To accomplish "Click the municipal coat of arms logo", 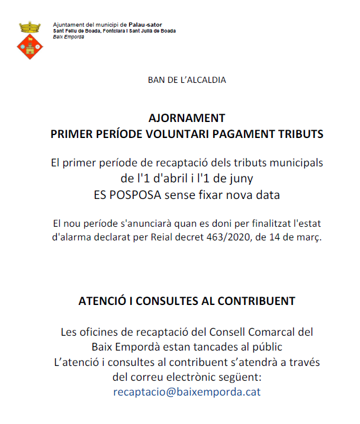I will (x=29, y=40).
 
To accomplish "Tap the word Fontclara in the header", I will (x=115, y=31).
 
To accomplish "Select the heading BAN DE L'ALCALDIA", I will (x=187, y=79).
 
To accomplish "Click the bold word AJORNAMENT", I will (x=187, y=118).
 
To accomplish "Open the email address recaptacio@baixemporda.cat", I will (x=187, y=392).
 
